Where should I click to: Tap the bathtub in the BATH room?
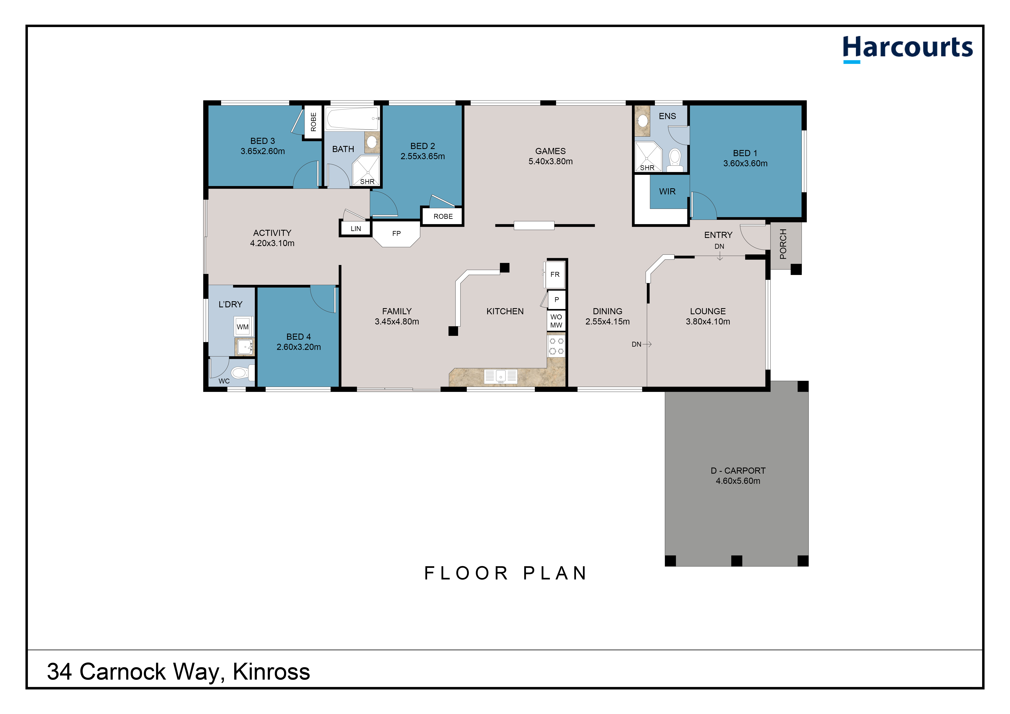click(352, 118)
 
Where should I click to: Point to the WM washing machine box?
click(243, 327)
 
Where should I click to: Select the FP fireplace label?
click(396, 233)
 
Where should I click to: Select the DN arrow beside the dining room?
click(642, 344)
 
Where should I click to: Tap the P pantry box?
click(556, 300)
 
